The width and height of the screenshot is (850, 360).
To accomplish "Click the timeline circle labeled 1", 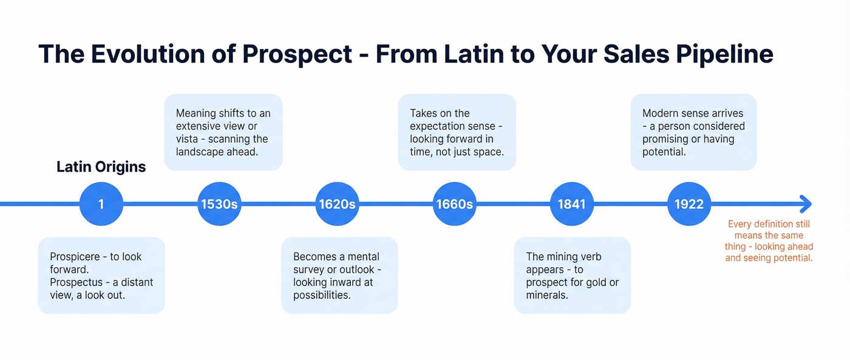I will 101,204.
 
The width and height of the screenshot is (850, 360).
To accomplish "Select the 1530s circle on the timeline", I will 219,204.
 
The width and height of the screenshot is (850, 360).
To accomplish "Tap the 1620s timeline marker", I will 337,204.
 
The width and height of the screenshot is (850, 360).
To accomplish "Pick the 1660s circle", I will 454,204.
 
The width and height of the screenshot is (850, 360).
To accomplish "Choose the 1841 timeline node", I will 571,204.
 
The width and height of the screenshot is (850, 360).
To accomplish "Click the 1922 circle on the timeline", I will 689,204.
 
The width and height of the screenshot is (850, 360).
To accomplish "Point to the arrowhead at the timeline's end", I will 806,204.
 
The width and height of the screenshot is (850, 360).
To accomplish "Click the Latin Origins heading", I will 101,167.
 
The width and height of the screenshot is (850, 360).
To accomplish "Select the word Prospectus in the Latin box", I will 76,282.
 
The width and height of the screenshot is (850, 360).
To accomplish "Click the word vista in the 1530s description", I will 190,139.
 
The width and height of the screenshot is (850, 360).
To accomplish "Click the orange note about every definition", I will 768,241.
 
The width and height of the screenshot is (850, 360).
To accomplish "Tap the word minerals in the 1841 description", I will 546,295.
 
